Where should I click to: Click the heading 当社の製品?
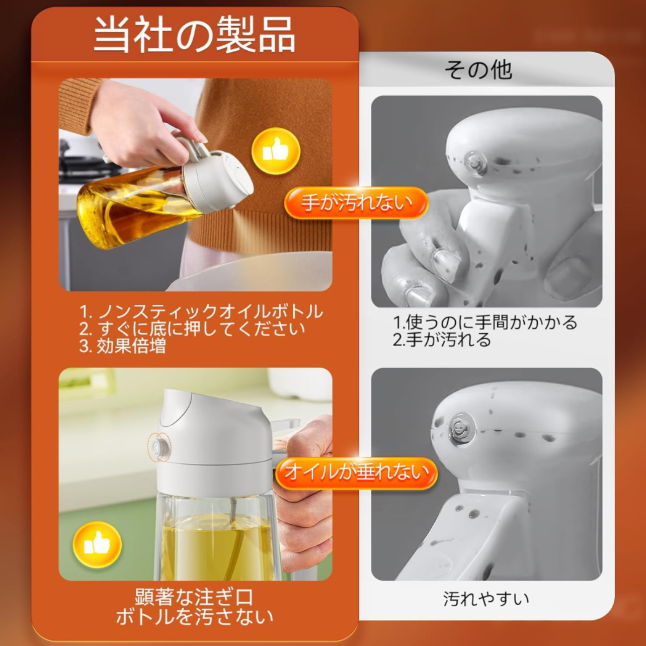click(194, 35)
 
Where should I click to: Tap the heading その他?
click(478, 70)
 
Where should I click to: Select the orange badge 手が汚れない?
click(356, 203)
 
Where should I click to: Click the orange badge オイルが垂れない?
click(357, 473)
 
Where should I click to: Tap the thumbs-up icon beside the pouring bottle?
click(276, 151)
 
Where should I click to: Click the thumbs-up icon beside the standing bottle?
click(97, 544)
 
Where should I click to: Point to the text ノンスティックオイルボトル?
click(211, 312)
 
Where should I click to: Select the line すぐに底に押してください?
click(201, 329)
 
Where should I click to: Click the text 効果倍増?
click(131, 346)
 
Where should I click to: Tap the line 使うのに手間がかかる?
click(492, 322)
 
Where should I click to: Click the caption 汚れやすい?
click(486, 599)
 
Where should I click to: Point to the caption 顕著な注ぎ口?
click(194, 597)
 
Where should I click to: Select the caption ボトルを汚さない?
click(194, 616)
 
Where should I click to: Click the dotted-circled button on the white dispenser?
click(159, 446)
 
